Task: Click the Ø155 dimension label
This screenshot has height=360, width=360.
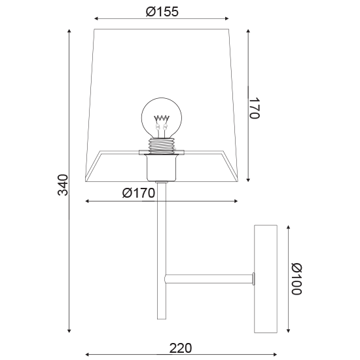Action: click(x=162, y=11)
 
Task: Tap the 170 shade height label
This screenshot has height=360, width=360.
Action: click(x=255, y=107)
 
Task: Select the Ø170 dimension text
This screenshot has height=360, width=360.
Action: click(x=138, y=193)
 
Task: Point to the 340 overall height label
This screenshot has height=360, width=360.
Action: click(x=63, y=185)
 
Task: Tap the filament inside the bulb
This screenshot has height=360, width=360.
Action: click(x=161, y=121)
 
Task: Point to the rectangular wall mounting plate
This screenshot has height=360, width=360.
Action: click(x=266, y=279)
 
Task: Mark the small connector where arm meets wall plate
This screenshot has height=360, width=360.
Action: click(x=253, y=279)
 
